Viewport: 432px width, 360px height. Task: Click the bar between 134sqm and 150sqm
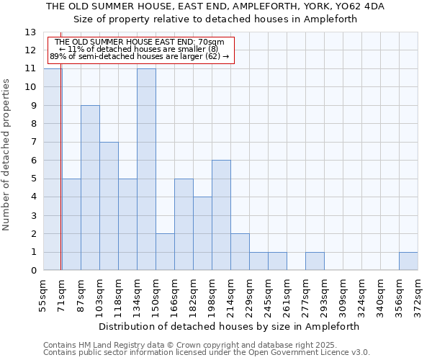pyautogui.click(x=146, y=169)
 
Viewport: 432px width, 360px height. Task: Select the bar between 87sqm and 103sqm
pyautogui.click(x=90, y=188)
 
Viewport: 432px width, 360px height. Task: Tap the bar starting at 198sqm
pyautogui.click(x=221, y=215)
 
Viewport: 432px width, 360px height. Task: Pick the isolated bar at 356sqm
pyautogui.click(x=408, y=261)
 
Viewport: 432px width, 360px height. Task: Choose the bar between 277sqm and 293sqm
pyautogui.click(x=315, y=261)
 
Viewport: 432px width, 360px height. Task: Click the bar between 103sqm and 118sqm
pyautogui.click(x=109, y=206)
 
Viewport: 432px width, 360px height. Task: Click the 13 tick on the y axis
pyautogui.click(x=30, y=32)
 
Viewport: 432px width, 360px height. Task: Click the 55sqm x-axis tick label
pyautogui.click(x=42, y=295)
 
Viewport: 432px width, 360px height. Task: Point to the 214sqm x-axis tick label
pyautogui.click(x=230, y=295)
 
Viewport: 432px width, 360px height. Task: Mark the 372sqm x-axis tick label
pyautogui.click(x=417, y=295)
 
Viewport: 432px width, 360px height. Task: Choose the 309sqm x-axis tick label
pyautogui.click(x=342, y=295)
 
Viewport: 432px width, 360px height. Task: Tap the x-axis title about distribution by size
pyautogui.click(x=230, y=326)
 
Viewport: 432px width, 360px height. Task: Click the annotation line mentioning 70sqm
pyautogui.click(x=140, y=42)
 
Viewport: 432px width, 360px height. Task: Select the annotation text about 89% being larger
pyautogui.click(x=140, y=56)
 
